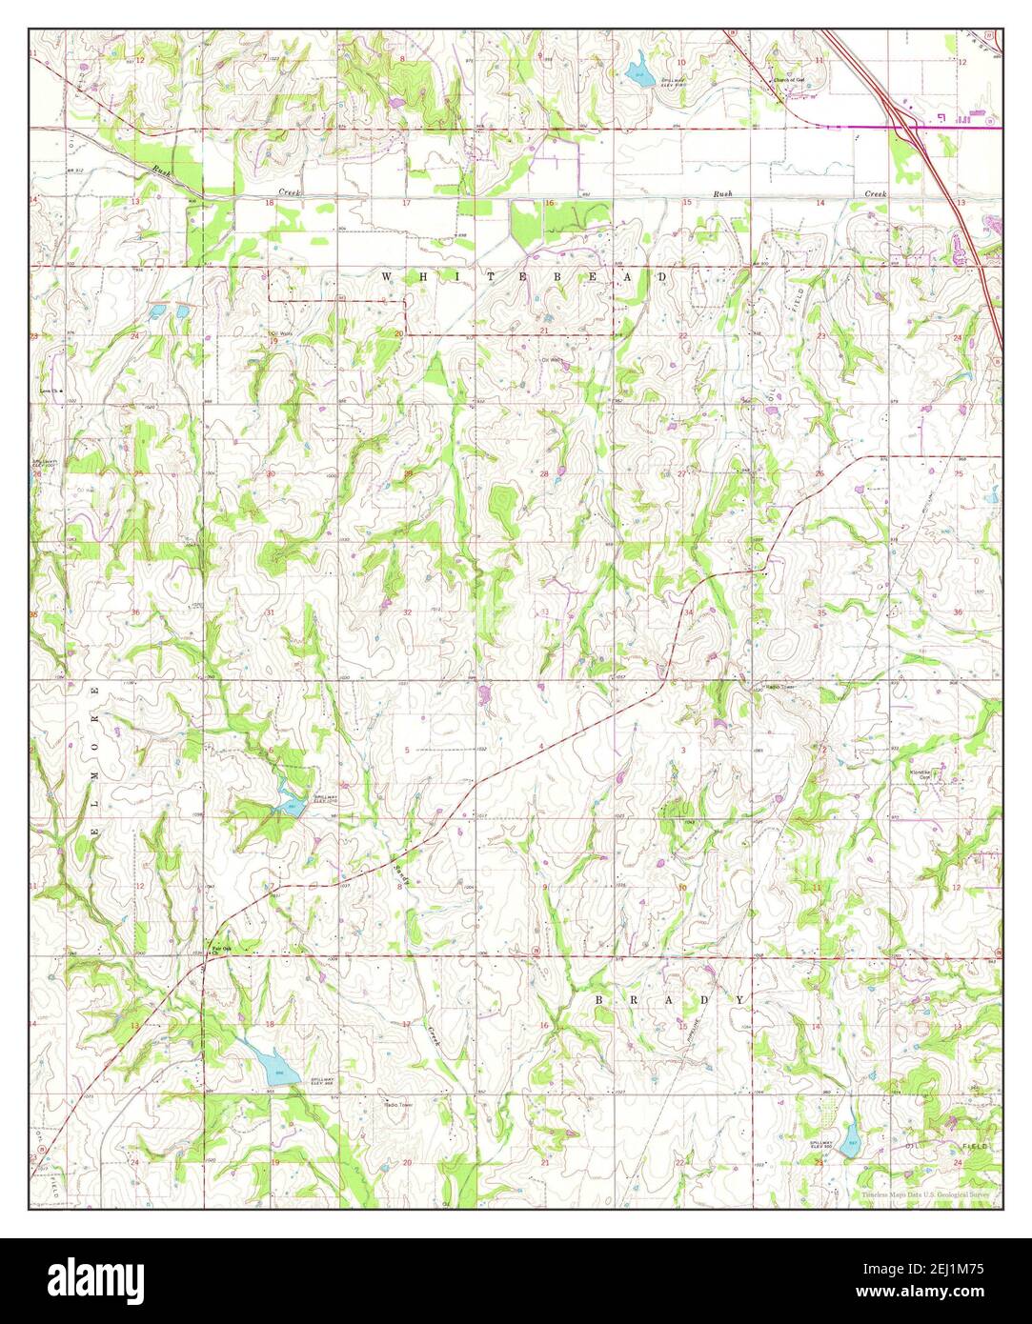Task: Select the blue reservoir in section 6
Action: (x=289, y=805)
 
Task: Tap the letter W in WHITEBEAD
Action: (x=387, y=276)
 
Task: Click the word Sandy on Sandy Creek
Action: (x=401, y=873)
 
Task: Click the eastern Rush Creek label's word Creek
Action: (x=875, y=193)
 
